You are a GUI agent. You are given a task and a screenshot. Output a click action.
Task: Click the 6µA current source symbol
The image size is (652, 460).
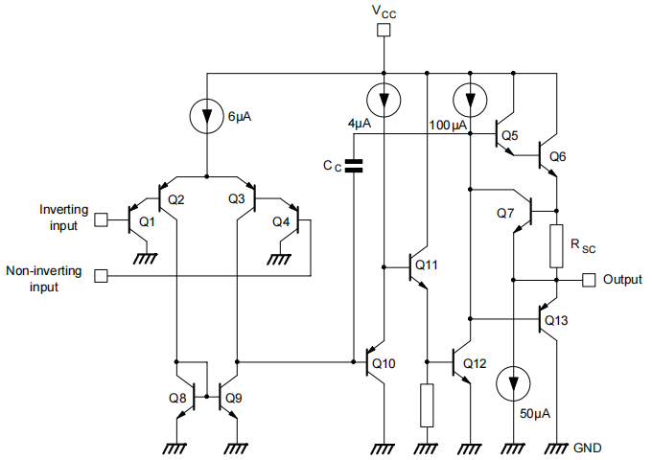[206, 116]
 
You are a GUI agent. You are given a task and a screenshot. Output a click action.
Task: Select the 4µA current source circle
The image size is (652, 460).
[384, 97]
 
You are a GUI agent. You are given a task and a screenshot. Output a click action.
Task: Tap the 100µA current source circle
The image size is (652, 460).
[470, 97]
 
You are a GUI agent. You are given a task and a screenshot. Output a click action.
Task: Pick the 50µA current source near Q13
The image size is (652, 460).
[515, 383]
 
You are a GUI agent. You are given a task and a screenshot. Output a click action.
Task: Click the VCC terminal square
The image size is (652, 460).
[384, 31]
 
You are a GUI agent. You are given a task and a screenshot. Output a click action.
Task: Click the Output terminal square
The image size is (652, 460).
[588, 280]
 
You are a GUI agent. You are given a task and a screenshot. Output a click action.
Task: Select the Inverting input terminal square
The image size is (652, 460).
[101, 218]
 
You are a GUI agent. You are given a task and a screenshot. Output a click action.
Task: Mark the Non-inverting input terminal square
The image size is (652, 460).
[101, 277]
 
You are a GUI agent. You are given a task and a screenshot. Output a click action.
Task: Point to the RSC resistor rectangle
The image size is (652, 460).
[555, 246]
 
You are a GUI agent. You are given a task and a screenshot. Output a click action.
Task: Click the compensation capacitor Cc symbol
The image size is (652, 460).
[354, 166]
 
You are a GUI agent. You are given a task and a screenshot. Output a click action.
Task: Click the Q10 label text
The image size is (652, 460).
[383, 363]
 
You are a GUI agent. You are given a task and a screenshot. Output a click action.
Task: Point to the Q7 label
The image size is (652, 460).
[506, 212]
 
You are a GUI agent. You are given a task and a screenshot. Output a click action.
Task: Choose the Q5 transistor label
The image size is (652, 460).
[509, 136]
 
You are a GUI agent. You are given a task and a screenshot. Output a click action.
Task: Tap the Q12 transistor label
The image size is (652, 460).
[475, 363]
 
